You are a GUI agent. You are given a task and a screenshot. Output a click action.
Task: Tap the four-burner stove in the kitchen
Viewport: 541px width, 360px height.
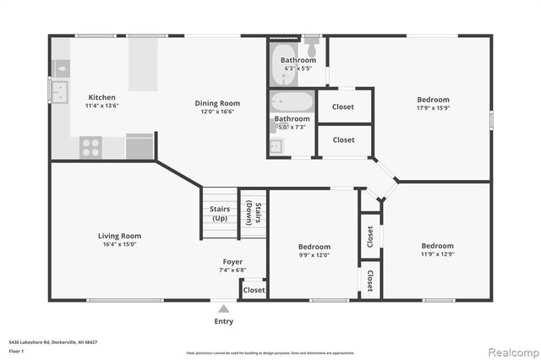[90, 147]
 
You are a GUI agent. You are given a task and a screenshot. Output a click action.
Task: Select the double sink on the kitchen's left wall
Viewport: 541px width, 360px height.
[60, 90]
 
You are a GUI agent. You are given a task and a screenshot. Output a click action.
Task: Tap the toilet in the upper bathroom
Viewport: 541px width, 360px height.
[312, 41]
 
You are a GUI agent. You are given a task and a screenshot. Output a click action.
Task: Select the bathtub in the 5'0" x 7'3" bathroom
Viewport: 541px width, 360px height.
[292, 103]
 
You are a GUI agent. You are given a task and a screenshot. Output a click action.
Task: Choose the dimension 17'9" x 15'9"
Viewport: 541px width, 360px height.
[432, 108]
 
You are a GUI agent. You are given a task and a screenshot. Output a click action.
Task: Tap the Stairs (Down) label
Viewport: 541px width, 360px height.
[251, 213]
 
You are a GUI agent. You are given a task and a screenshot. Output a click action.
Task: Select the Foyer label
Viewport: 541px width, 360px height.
[232, 262]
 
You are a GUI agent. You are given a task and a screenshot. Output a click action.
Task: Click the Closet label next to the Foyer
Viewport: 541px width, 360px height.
[254, 290]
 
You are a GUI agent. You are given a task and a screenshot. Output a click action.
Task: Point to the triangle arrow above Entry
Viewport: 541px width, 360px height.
[223, 309]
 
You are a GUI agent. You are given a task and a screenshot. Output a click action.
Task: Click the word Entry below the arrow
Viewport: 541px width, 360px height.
[223, 321]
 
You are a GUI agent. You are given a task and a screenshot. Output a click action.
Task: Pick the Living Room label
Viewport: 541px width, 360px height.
[119, 236]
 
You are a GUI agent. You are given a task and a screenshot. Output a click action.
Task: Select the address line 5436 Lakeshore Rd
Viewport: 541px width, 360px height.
[52, 341]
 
